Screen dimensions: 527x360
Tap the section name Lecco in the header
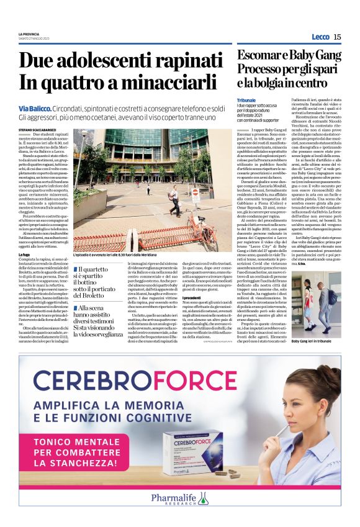click(x=320, y=37)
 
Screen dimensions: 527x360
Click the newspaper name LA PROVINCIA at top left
click(x=29, y=34)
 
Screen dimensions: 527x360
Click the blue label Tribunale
click(x=246, y=100)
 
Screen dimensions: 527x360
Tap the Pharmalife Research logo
click(x=180, y=498)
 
